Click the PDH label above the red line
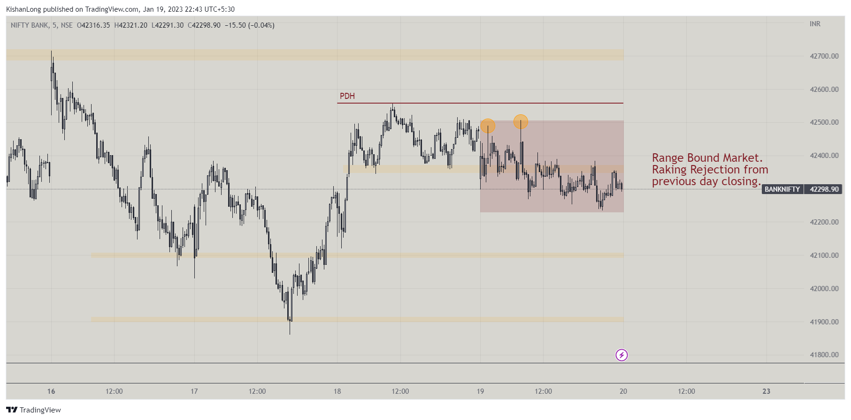coord(347,96)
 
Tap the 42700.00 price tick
coord(824,56)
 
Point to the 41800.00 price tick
coord(824,355)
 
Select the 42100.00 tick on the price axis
coord(824,255)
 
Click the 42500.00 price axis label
coord(824,122)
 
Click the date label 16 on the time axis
coord(51,391)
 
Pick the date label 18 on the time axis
coord(337,391)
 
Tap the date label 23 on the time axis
coord(766,391)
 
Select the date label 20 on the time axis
coord(623,391)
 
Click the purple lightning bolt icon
coord(621,355)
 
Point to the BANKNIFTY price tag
coord(782,189)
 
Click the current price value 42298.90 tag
coord(824,189)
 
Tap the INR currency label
coord(815,24)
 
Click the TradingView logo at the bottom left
coord(34,410)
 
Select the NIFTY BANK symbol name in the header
coord(30,25)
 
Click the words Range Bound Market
coord(707,158)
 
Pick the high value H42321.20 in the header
coord(130,25)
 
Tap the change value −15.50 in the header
coord(235,25)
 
